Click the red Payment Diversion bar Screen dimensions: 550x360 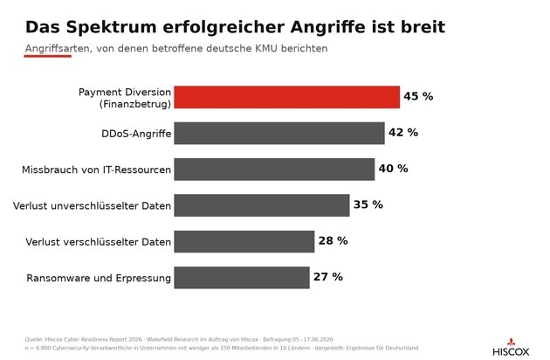click(x=287, y=97)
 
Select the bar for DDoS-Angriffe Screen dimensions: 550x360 click(x=279, y=133)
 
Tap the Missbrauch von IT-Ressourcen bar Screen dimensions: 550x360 click(x=274, y=170)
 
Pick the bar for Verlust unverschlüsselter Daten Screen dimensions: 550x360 click(x=262, y=205)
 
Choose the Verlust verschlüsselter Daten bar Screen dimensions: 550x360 click(x=244, y=242)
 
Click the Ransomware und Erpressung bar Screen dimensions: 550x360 click(x=242, y=278)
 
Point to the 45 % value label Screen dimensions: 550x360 click(x=418, y=96)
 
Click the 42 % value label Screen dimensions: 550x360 click(x=403, y=133)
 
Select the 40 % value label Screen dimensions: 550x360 click(x=393, y=169)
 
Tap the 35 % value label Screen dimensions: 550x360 click(x=368, y=204)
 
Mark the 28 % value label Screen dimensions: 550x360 click(x=333, y=240)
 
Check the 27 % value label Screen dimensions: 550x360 click(x=328, y=277)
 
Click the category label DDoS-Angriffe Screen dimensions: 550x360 click(x=136, y=134)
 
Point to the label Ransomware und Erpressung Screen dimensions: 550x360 click(x=99, y=278)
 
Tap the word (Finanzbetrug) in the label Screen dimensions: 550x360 click(x=135, y=104)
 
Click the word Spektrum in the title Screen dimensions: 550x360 click(x=111, y=28)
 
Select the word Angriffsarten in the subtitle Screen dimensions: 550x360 click(x=57, y=48)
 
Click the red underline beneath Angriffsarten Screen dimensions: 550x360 click(x=48, y=56)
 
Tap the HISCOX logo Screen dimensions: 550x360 click(x=511, y=348)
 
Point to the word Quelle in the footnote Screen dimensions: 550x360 click(x=34, y=340)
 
